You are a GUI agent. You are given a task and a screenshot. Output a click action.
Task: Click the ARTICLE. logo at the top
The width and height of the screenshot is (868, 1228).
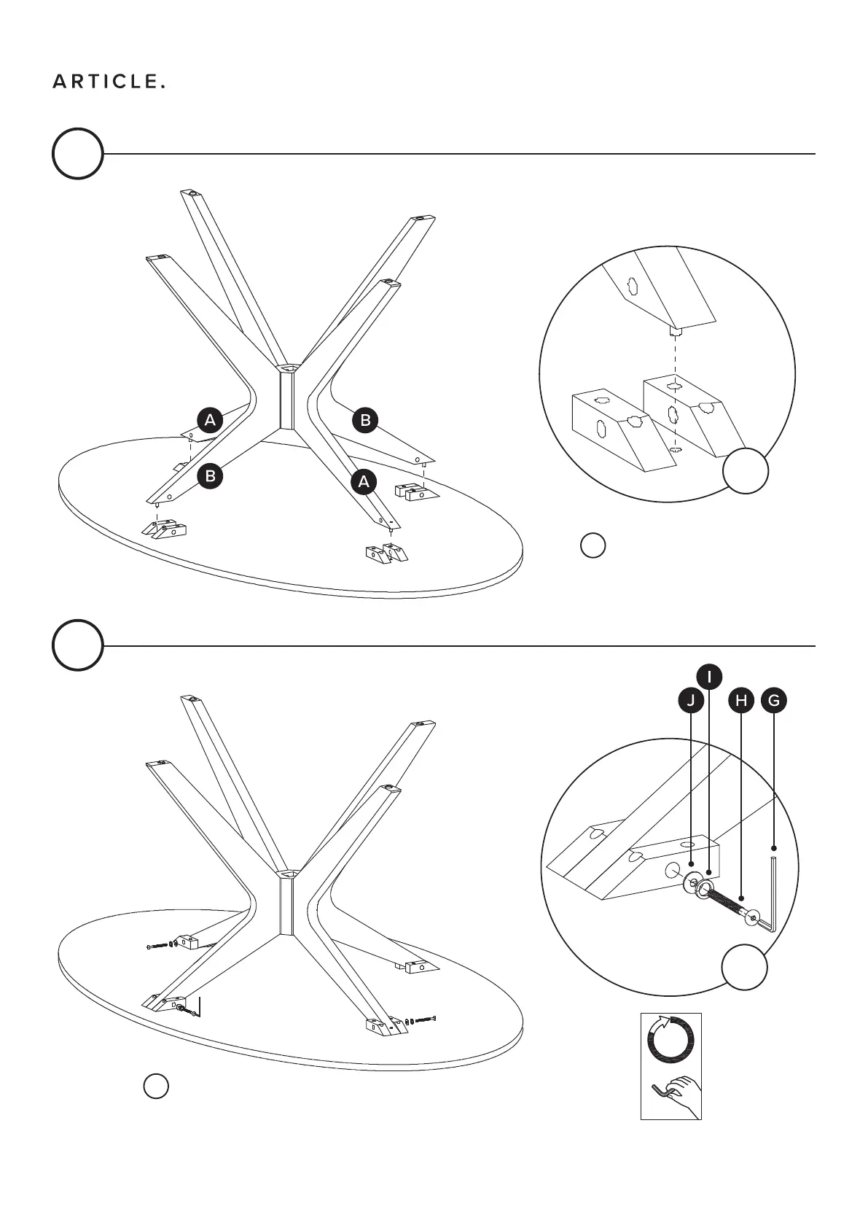(x=109, y=82)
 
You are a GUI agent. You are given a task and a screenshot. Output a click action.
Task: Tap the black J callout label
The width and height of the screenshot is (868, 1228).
(x=690, y=701)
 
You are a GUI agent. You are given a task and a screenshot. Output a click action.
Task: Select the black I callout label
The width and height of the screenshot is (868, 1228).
(x=708, y=676)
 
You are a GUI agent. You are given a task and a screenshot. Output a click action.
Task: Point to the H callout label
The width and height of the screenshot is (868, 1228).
(x=741, y=701)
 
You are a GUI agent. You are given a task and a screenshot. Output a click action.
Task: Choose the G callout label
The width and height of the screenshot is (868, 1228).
(x=774, y=701)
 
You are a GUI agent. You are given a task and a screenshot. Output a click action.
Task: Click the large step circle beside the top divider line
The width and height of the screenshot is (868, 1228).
(x=77, y=154)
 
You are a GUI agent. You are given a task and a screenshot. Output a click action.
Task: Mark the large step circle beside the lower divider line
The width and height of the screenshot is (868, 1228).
(x=77, y=645)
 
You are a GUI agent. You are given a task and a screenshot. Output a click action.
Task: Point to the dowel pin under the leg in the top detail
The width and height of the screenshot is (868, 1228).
(x=676, y=333)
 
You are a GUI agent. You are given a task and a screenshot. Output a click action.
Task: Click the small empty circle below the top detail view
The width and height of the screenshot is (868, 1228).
(x=593, y=545)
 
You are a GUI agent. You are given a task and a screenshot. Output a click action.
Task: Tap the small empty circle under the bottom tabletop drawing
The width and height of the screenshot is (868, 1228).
(x=156, y=1086)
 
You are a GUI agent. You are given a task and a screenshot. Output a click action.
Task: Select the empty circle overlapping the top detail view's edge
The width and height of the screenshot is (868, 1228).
(x=746, y=471)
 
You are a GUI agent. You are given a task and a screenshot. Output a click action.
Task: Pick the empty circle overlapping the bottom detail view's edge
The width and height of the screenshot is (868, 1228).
(x=745, y=967)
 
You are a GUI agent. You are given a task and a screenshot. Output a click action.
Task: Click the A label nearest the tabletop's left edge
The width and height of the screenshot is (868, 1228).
(x=210, y=420)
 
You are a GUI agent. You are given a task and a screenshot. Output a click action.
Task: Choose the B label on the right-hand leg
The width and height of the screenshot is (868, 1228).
(x=365, y=420)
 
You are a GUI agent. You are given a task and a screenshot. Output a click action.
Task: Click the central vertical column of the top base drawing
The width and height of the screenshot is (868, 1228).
(x=286, y=401)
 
